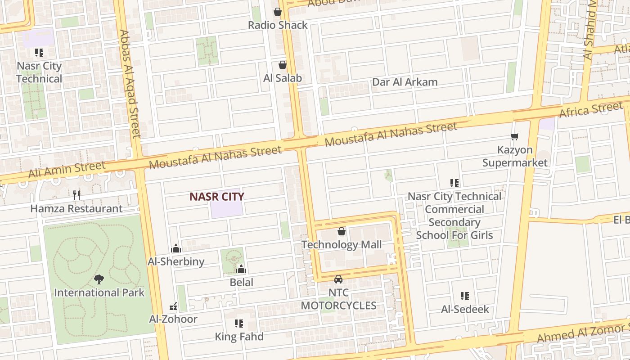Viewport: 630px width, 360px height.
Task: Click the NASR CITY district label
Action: (216, 197)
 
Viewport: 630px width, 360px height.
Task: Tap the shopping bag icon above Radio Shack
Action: (278, 12)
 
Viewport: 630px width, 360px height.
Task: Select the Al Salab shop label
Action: (282, 78)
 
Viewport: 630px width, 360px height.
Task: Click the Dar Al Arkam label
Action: (405, 82)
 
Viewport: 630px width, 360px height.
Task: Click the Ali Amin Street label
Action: (67, 170)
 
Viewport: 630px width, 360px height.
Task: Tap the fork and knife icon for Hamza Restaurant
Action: (76, 195)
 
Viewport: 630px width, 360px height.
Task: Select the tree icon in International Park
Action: (99, 279)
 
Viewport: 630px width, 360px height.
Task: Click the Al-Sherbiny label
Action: (176, 261)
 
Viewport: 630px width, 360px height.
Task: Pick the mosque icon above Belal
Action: (241, 269)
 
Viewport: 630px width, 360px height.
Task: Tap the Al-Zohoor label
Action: (173, 319)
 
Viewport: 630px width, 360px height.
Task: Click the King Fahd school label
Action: (239, 336)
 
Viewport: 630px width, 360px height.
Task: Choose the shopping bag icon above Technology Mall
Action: (342, 231)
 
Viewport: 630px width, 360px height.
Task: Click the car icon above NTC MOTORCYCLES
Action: (338, 279)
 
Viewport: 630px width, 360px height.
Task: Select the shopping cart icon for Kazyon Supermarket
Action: (514, 136)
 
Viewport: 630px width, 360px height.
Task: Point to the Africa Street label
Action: (591, 109)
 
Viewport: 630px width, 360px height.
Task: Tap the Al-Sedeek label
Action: (465, 309)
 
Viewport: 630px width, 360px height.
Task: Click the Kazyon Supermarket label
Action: (515, 156)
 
